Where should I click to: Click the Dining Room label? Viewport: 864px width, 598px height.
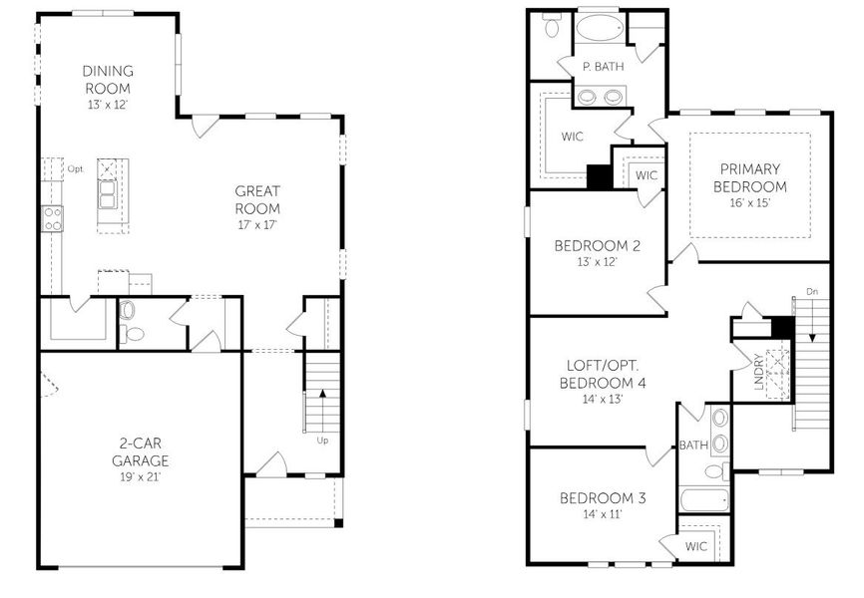107,80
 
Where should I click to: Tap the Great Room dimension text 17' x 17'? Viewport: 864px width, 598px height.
257,224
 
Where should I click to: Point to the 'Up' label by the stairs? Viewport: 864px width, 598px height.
321,440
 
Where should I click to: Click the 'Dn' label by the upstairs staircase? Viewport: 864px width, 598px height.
812,292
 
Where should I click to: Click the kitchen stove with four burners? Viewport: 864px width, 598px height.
52,218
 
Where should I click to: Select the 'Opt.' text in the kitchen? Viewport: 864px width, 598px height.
75,169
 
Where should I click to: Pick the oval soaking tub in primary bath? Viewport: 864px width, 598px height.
599,27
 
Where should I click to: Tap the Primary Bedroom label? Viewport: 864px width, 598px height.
751,177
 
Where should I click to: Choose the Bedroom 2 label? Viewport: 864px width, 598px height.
597,246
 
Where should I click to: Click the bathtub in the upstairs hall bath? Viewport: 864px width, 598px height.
703,498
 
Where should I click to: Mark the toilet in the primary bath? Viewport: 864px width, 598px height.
552,26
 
